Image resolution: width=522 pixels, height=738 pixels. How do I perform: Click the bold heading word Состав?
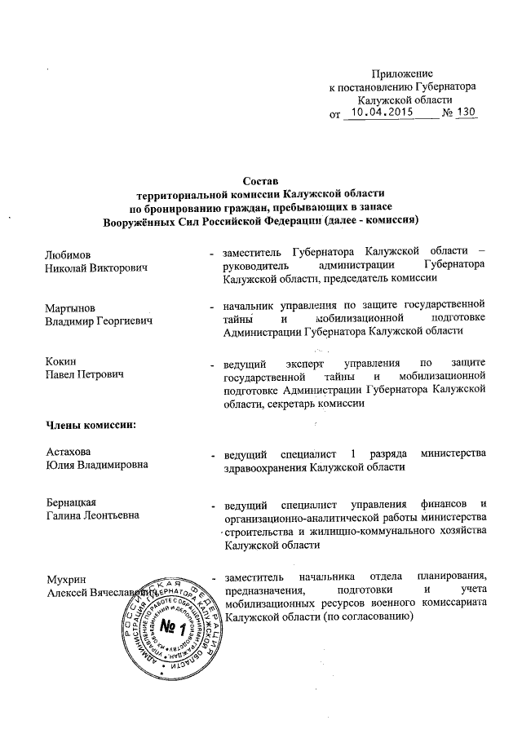click(261, 180)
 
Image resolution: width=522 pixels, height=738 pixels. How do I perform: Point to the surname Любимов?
click(68, 254)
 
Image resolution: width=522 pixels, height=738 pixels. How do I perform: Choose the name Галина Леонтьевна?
click(91, 515)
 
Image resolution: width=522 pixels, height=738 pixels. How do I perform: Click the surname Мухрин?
click(65, 578)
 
